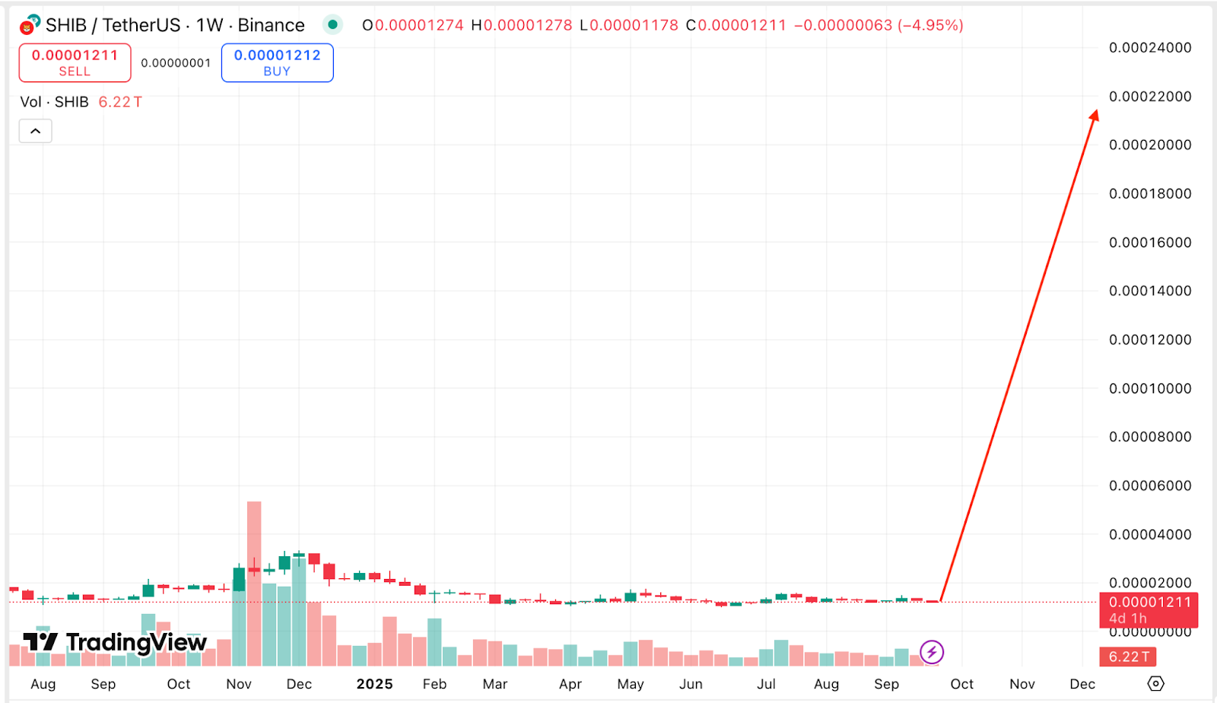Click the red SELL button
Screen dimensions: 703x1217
[75, 62]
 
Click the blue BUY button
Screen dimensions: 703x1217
[277, 62]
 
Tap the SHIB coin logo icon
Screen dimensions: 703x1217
[30, 25]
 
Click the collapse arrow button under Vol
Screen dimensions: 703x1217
[35, 131]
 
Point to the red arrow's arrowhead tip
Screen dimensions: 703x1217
[1096, 112]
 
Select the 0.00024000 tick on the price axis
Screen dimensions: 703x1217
[1149, 47]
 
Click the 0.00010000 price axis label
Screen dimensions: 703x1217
[1149, 388]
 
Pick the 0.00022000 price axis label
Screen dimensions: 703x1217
[1149, 96]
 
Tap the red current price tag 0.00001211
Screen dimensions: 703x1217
[1149, 609]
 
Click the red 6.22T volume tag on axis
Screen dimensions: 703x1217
[1128, 657]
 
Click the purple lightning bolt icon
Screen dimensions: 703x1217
[932, 652]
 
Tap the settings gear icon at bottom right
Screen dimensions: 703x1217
[1155, 683]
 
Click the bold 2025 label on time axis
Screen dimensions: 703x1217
[374, 684]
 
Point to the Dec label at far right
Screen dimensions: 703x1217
[1082, 684]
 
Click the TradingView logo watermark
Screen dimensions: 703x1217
[114, 643]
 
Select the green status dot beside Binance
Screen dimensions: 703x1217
[332, 24]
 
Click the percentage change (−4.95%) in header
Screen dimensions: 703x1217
[930, 25]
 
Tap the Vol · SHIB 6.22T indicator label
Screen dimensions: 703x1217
[81, 102]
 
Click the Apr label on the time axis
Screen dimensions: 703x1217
[570, 684]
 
